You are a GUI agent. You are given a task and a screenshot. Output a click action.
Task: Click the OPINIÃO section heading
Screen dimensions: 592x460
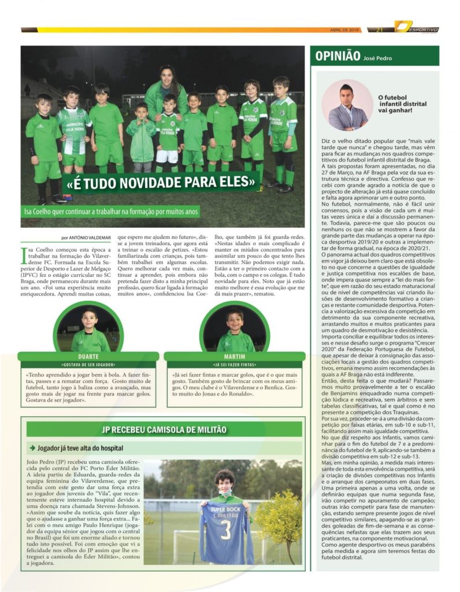click(x=337, y=55)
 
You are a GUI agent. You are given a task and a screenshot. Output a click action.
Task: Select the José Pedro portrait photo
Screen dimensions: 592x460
click(x=347, y=105)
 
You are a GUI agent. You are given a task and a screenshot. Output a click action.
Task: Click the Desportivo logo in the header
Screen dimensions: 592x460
click(x=417, y=28)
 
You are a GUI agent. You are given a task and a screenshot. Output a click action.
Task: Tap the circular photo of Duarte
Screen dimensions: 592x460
click(x=88, y=327)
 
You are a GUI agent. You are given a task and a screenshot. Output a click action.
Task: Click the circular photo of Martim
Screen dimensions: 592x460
click(x=235, y=327)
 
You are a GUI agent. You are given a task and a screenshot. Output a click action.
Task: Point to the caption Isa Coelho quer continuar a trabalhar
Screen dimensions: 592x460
click(x=111, y=212)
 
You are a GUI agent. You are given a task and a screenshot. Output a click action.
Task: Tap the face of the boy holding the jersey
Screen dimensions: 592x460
click(x=227, y=482)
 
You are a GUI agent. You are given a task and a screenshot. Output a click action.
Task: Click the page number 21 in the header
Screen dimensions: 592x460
click(x=380, y=29)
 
